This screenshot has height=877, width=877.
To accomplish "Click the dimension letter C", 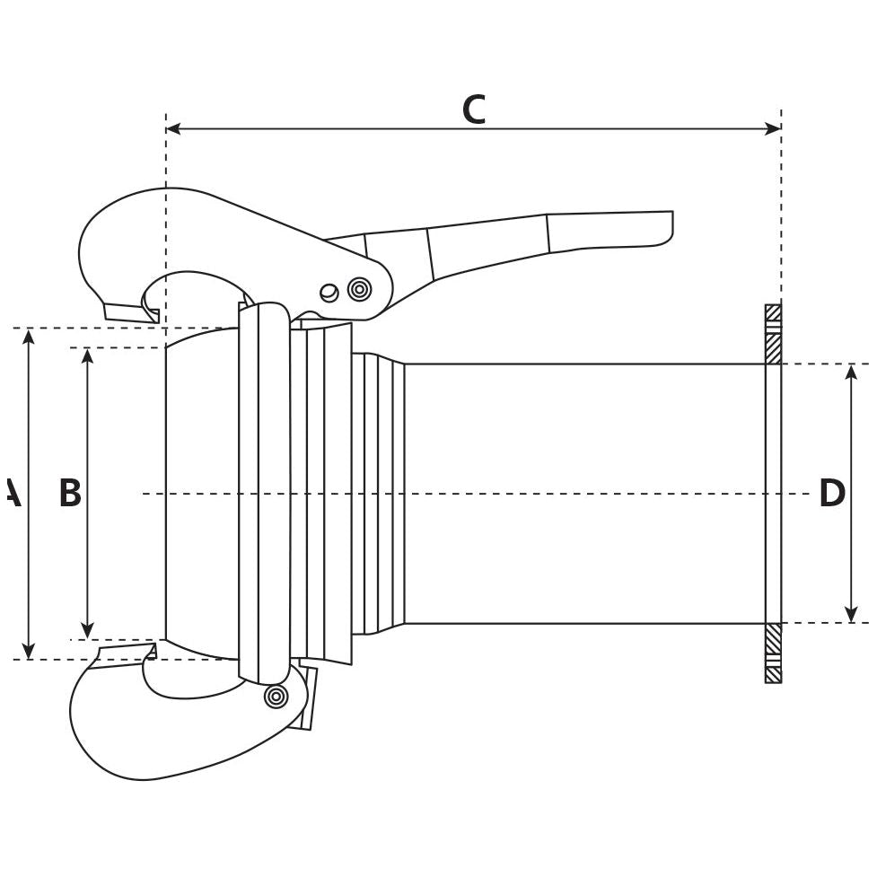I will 473,110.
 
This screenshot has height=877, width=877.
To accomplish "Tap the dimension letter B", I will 70,494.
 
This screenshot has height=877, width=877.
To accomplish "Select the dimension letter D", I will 832,494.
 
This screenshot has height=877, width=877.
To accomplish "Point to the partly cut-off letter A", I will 12,494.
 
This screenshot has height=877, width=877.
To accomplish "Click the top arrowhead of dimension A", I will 29,337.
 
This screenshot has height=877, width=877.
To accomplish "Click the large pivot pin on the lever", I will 359,289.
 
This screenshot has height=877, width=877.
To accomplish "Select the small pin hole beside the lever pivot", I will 329,293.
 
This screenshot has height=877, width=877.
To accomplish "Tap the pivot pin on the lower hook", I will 276,696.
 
